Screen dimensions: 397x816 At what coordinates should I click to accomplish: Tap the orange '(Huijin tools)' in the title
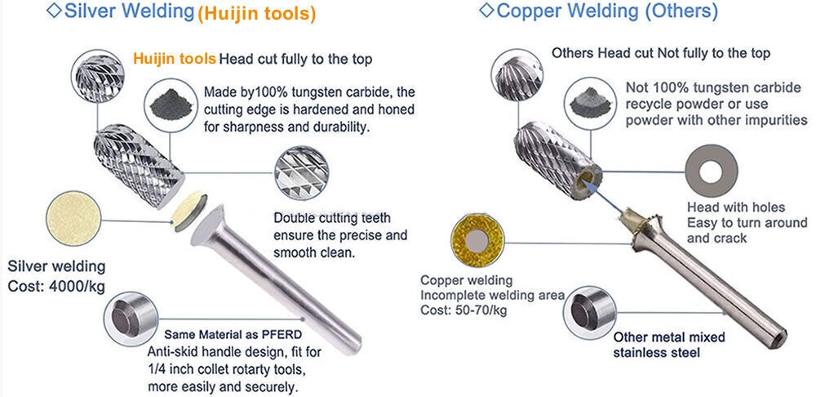point(255,14)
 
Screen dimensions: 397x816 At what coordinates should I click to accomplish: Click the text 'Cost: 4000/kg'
point(55,287)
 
